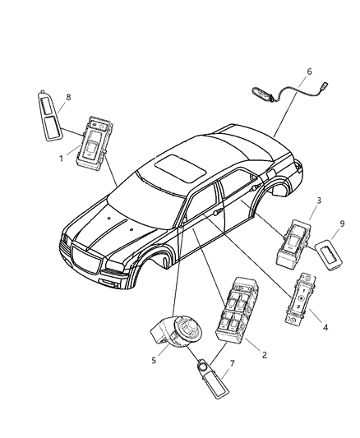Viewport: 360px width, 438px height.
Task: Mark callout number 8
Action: [x=68, y=97]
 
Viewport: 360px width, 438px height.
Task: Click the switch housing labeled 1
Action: [x=94, y=145]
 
